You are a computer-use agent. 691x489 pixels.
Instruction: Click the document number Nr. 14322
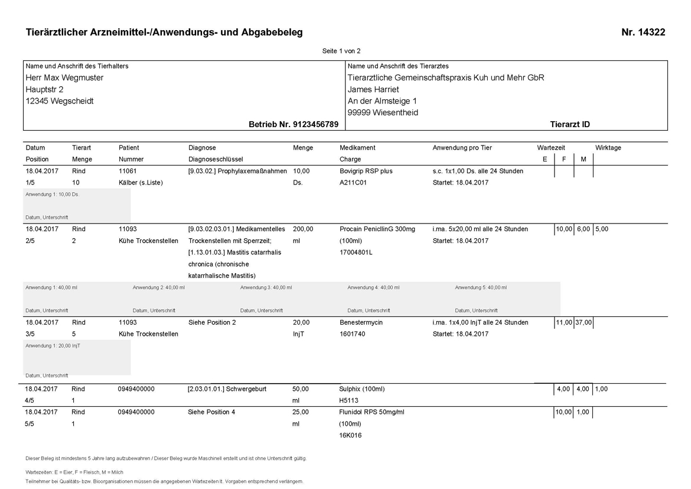pyautogui.click(x=643, y=33)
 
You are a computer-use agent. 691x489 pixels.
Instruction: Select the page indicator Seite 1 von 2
pyautogui.click(x=341, y=51)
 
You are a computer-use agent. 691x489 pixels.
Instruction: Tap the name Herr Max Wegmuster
pyautogui.click(x=64, y=77)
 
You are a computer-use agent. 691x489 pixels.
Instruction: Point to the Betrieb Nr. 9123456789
pyautogui.click(x=294, y=124)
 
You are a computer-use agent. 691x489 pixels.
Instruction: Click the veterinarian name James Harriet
pyautogui.click(x=373, y=89)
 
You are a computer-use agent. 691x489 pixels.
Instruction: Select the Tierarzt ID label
pyautogui.click(x=569, y=124)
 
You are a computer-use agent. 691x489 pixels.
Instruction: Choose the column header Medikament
pyautogui.click(x=357, y=148)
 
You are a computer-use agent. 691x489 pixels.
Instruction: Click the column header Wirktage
pyautogui.click(x=608, y=148)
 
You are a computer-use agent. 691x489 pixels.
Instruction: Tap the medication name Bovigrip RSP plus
pyautogui.click(x=366, y=171)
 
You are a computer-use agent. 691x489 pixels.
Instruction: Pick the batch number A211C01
pyautogui.click(x=353, y=183)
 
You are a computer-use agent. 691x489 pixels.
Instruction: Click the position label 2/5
pyautogui.click(x=30, y=241)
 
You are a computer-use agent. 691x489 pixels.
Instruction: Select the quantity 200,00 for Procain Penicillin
pyautogui.click(x=303, y=229)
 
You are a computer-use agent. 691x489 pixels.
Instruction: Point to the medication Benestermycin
pyautogui.click(x=362, y=322)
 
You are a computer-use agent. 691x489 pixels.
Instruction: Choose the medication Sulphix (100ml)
pyautogui.click(x=361, y=389)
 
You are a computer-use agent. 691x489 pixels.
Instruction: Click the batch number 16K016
pyautogui.click(x=350, y=435)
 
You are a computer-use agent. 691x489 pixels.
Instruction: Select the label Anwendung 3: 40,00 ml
pyautogui.click(x=266, y=287)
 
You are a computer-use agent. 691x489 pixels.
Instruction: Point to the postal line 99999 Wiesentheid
pyautogui.click(x=383, y=112)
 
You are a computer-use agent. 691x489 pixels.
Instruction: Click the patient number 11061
pyautogui.click(x=128, y=171)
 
